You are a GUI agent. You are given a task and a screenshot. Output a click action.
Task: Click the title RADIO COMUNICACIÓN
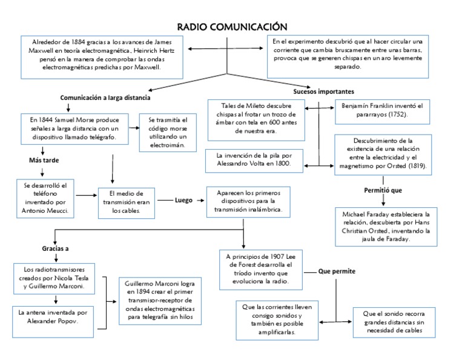(x=231, y=27)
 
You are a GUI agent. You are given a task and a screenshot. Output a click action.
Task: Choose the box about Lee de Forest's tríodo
(x=259, y=268)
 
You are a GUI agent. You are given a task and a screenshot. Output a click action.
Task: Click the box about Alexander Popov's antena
(x=54, y=317)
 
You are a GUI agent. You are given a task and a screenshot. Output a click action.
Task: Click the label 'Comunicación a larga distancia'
(x=105, y=98)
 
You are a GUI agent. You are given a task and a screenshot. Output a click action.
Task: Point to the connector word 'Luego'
(x=183, y=199)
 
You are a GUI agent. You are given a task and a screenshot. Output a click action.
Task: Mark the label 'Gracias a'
(x=55, y=249)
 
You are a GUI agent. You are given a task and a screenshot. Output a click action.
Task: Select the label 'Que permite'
(x=337, y=271)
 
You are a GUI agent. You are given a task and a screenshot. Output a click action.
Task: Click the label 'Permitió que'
(x=383, y=190)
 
